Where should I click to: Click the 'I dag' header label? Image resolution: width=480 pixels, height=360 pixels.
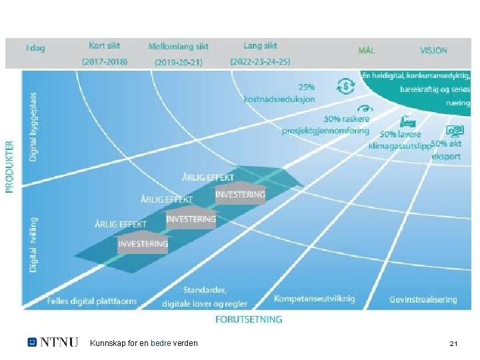pos(35,48)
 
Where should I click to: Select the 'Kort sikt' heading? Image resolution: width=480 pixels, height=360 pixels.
pos(105,46)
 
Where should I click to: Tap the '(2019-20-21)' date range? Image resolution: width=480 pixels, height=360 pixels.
pos(179,62)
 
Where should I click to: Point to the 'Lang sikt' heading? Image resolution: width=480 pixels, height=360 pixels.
pos(261,46)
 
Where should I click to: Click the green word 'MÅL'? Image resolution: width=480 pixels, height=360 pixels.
pos(367,50)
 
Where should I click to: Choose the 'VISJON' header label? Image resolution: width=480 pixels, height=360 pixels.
pos(434,50)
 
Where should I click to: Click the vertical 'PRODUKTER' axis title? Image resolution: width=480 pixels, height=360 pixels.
pos(10,166)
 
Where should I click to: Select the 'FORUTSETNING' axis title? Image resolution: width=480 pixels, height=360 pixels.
pos(249,319)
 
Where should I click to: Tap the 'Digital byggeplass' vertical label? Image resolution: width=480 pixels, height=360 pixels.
pos(33,127)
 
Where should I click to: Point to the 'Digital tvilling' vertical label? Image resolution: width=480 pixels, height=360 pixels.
pos(33,243)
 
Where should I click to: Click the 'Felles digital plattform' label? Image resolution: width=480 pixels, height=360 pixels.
pos(92,301)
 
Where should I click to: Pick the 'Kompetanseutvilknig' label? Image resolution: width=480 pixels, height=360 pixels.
pos(315,299)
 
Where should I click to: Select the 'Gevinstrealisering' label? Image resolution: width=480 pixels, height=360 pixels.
pos(423,299)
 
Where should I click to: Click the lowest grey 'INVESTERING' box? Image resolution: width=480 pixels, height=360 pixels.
pos(143,244)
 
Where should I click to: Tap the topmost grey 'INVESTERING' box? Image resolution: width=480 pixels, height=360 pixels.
pos(240,195)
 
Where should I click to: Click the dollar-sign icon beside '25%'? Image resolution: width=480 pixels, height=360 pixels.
pos(345,86)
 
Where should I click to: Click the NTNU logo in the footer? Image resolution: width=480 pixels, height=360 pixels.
pos(53,343)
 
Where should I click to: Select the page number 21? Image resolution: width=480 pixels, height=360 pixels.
pos(453,343)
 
